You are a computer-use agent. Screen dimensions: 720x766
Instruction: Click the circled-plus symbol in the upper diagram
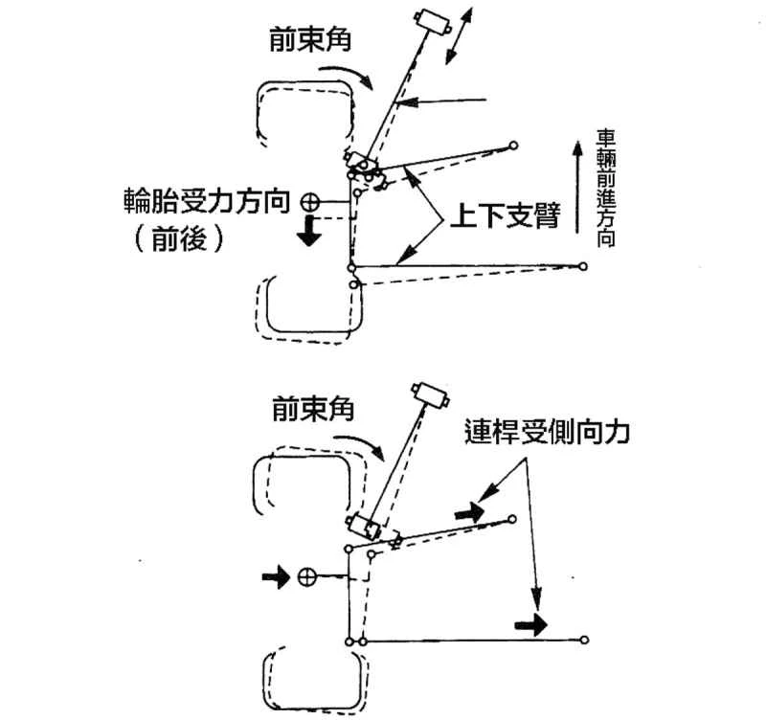pyautogui.click(x=310, y=202)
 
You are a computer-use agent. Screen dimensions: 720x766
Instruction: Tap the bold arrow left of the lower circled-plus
pyautogui.click(x=275, y=577)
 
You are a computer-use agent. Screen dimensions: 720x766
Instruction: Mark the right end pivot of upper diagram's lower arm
pyautogui.click(x=583, y=266)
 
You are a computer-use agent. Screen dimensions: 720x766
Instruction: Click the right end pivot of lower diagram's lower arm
pyautogui.click(x=584, y=639)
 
